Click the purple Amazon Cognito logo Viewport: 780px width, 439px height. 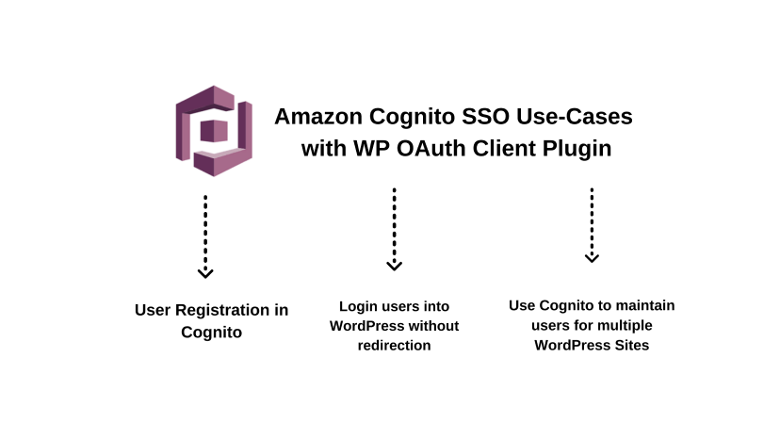[214, 130]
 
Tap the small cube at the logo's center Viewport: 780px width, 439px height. [213, 131]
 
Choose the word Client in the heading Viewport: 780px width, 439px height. [495, 148]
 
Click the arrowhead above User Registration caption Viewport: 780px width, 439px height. [205, 272]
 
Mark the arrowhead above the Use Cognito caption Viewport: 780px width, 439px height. [592, 257]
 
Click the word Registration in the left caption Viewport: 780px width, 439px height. [230, 310]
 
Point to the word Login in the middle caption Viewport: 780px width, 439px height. [358, 307]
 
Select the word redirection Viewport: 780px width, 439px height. [394, 346]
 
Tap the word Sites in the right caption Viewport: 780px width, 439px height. [631, 346]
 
